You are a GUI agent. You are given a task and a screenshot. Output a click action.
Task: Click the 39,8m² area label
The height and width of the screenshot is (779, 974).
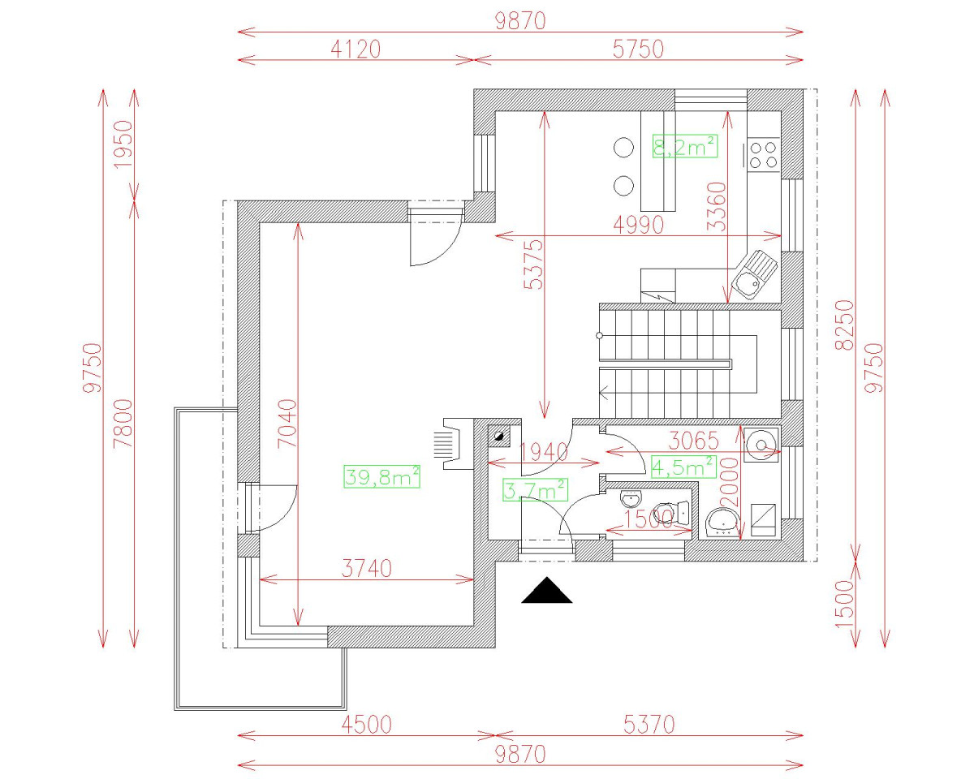(x=381, y=477)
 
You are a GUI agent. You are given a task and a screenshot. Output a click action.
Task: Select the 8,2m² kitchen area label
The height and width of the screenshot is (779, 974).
(x=684, y=147)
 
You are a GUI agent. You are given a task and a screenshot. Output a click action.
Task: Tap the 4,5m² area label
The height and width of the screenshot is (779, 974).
(x=683, y=467)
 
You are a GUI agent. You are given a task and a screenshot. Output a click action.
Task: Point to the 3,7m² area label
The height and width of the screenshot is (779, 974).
(x=534, y=490)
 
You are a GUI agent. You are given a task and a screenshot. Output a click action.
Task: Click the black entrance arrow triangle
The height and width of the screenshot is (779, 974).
(x=546, y=591)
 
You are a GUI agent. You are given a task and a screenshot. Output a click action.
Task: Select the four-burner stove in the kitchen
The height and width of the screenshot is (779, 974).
(x=763, y=154)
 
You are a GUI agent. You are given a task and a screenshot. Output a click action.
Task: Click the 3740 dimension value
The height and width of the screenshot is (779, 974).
(x=365, y=568)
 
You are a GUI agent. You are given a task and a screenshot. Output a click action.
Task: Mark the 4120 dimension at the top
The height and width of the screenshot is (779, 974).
(x=354, y=49)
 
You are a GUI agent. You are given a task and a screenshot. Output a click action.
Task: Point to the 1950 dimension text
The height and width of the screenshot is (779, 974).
(x=122, y=144)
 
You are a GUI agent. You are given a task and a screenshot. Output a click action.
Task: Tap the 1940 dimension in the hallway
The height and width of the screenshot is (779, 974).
(x=542, y=452)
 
